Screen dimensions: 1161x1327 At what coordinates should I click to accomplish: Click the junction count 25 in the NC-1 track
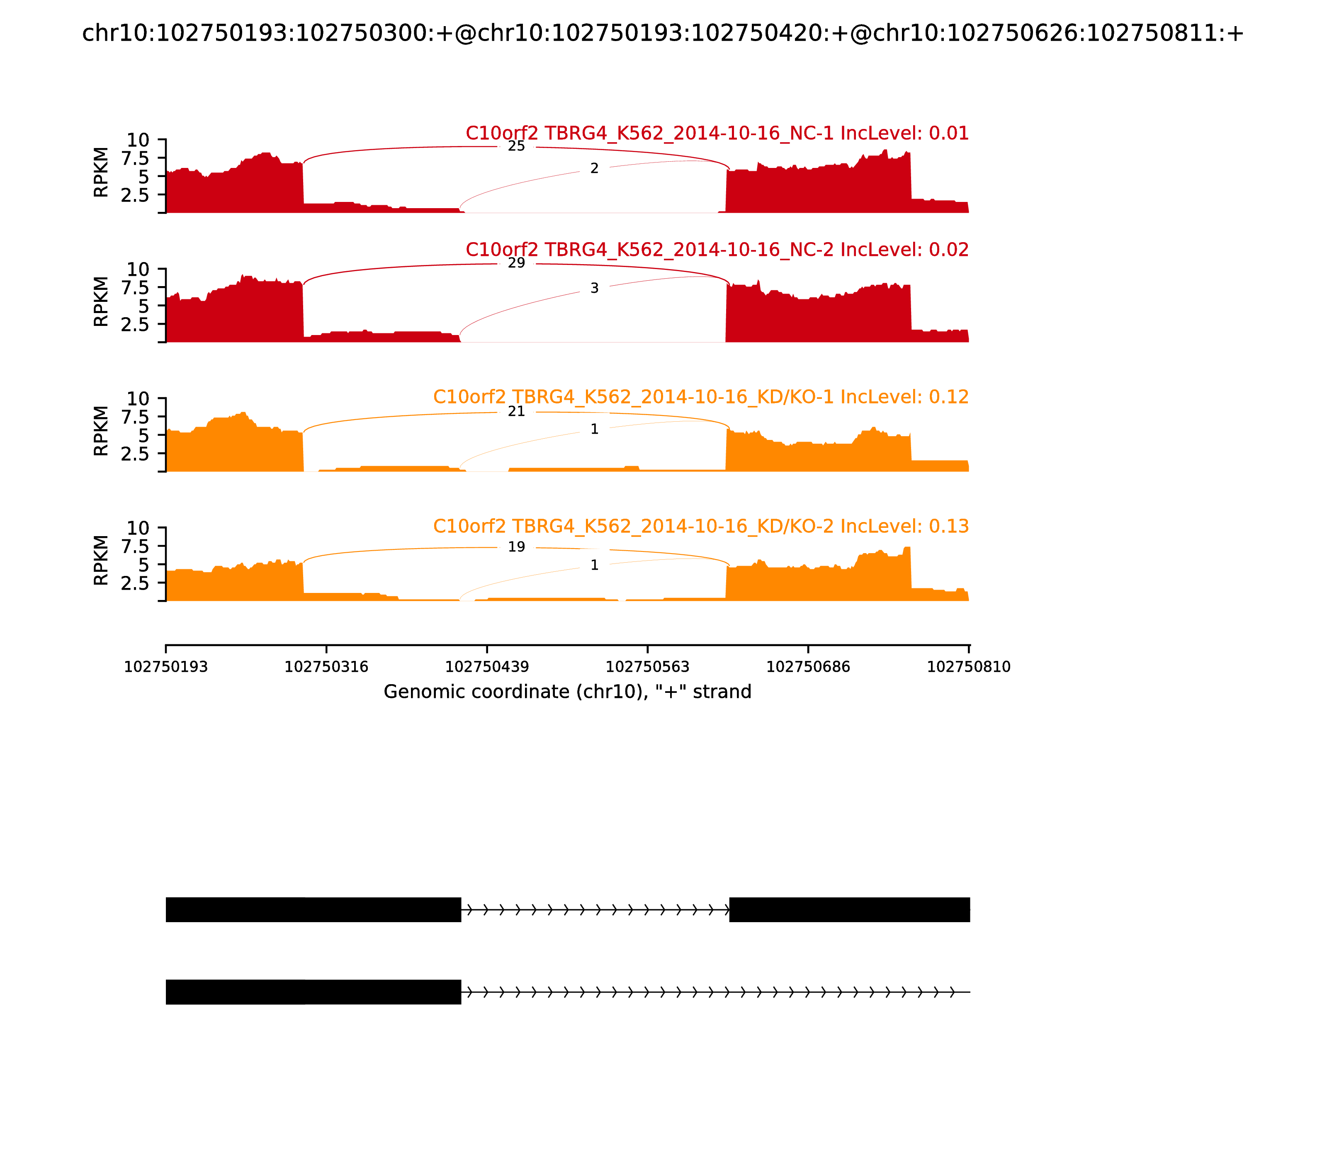point(516,146)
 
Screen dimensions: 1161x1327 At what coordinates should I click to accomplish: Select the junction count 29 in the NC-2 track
point(516,263)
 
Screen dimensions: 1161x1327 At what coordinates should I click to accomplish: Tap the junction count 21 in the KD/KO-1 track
point(516,411)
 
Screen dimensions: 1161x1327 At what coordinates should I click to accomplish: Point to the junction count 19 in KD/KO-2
point(516,547)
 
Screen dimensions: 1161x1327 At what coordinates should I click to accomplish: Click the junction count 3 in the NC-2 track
point(594,288)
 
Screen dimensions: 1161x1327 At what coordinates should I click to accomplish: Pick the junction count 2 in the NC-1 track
point(594,168)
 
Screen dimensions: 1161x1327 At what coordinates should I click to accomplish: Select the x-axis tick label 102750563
point(647,667)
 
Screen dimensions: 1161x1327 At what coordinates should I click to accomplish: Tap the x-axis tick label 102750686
point(808,667)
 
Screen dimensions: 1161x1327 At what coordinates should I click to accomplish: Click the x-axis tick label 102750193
point(166,667)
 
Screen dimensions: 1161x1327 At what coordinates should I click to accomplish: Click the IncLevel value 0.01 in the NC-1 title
point(949,134)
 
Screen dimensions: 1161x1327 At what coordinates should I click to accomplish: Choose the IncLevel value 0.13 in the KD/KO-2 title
point(949,526)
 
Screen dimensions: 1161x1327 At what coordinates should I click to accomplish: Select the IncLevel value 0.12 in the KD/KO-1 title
point(949,397)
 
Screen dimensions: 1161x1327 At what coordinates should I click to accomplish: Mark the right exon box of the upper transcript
point(849,910)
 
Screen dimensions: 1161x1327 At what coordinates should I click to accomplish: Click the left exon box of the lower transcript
point(313,992)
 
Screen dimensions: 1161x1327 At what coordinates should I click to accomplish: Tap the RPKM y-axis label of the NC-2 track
point(101,301)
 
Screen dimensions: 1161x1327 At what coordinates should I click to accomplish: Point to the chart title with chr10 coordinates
point(662,34)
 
